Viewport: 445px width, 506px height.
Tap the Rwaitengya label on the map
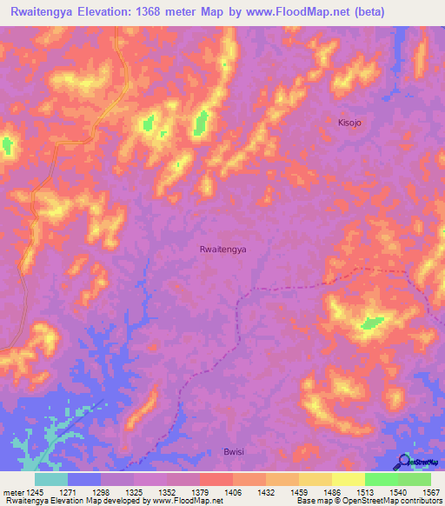(223, 249)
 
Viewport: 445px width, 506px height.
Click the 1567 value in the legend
(428, 493)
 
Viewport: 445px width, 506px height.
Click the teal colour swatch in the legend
(51, 479)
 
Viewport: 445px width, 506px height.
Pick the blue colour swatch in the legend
(84, 479)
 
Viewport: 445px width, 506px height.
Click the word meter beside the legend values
(12, 493)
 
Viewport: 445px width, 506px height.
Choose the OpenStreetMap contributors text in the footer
(389, 502)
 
